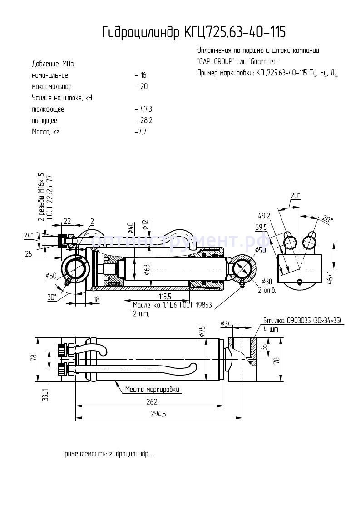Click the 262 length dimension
click(152, 401)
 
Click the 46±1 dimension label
click(330, 277)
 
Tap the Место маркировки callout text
click(153, 390)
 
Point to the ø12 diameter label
click(145, 224)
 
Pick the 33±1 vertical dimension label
click(44, 394)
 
